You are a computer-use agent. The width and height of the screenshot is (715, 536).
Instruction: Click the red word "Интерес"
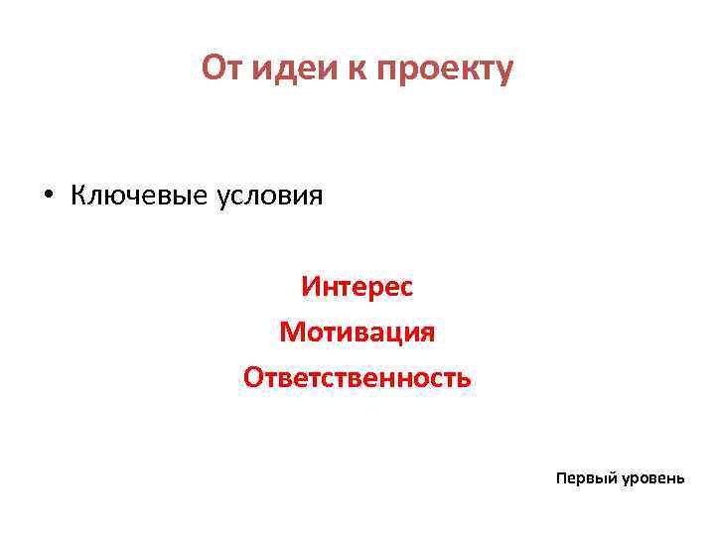[x=357, y=287]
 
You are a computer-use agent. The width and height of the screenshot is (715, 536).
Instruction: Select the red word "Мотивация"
[x=357, y=333]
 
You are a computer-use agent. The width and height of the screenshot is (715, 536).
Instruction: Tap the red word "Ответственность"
[x=357, y=378]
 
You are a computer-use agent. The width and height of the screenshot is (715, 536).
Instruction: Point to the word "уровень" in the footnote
[x=652, y=478]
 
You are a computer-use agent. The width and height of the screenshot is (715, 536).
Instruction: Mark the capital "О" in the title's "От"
[x=212, y=68]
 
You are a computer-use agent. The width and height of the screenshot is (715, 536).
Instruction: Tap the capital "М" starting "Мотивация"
[x=291, y=333]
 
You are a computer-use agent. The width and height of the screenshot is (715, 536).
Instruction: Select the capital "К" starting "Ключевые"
[x=77, y=195]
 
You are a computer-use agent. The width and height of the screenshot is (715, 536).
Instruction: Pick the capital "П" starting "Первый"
[x=562, y=477]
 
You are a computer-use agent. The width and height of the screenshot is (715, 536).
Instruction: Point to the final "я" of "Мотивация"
[x=427, y=334]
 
